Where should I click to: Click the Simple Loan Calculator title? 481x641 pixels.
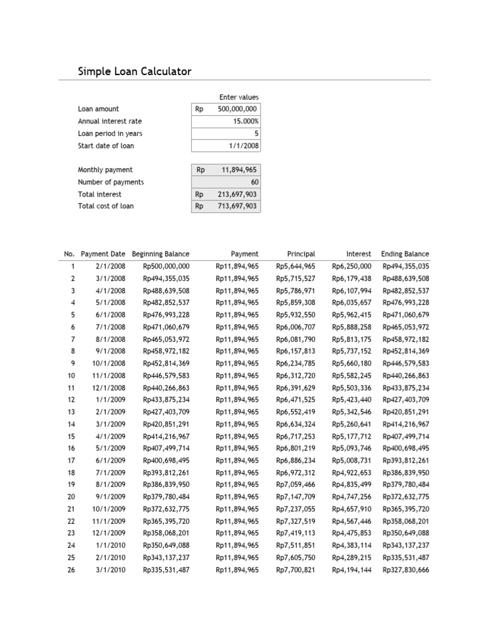[x=134, y=71]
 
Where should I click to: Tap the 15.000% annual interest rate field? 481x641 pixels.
[x=244, y=121]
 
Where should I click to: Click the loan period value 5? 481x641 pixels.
[x=256, y=133]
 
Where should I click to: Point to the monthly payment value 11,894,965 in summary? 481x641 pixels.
[x=239, y=170]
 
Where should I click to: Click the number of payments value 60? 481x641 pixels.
[x=254, y=182]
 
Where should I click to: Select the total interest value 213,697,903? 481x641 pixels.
[x=237, y=194]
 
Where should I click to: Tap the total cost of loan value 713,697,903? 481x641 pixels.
[x=237, y=206]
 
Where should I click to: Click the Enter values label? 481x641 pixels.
[x=239, y=97]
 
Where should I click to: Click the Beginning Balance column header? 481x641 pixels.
[x=160, y=254]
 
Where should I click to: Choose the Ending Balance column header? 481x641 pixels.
[x=405, y=254]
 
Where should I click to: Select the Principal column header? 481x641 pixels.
[x=301, y=254]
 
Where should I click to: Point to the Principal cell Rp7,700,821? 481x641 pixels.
[x=296, y=570]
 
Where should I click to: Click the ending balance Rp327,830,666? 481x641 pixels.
[x=405, y=570]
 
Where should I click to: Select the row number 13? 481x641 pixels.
[x=71, y=412]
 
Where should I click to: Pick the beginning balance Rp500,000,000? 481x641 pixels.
[x=166, y=266]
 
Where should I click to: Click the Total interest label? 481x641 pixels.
[x=99, y=194]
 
